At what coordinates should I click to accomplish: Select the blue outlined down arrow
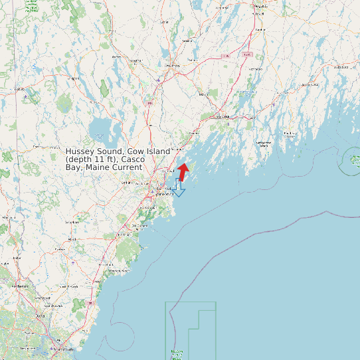coord(178,189)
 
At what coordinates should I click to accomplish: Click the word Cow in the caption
coord(137,152)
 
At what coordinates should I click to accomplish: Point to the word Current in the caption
coord(127,167)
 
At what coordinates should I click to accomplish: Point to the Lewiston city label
coord(172,66)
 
